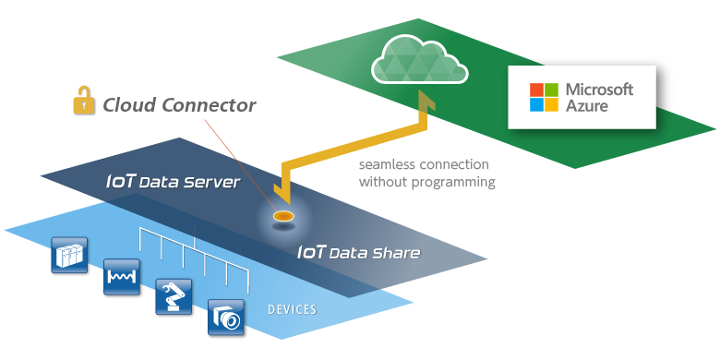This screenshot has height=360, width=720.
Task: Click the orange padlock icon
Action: pos(85,102)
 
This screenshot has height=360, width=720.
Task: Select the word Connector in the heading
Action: pos(211,105)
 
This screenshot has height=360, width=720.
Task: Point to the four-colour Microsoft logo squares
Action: pos(544,97)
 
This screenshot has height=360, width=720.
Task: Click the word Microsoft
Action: pos(598,90)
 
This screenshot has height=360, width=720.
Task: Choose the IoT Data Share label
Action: pos(358,253)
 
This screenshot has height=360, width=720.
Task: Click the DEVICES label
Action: pos(292,308)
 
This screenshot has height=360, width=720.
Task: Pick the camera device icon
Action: pos(225,317)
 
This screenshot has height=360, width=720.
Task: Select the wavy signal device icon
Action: pos(121,276)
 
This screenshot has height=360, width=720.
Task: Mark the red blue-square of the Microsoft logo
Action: pos(536,90)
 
